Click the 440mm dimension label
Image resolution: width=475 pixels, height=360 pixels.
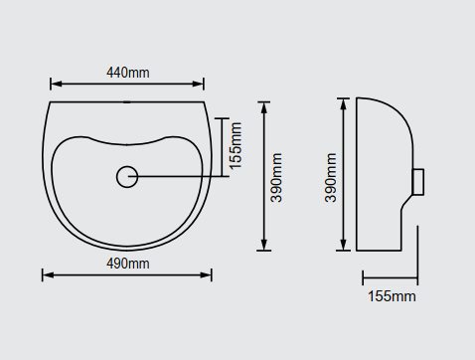pos(128,73)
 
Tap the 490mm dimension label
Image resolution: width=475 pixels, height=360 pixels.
pos(128,264)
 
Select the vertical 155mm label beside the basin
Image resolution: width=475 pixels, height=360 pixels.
pos(236,146)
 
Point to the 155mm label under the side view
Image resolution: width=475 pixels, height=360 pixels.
pos(392,296)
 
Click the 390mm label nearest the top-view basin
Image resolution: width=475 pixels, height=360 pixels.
pos(276,178)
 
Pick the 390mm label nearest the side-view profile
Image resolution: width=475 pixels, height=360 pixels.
pos(331,178)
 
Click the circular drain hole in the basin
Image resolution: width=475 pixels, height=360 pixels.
pos(127,177)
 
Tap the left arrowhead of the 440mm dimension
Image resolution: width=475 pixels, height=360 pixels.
pos(57,84)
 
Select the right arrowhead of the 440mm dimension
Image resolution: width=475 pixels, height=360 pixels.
pos(198,84)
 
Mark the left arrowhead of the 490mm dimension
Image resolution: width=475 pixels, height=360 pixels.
pos(49,275)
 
